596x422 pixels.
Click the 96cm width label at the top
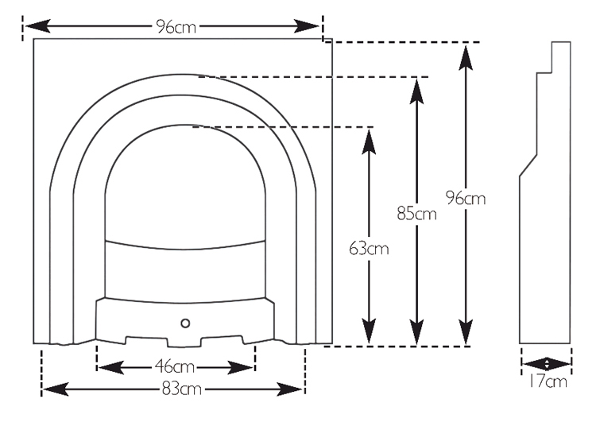click(x=176, y=26)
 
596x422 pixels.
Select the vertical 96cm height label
click(x=466, y=198)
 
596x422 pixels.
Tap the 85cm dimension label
click(x=416, y=213)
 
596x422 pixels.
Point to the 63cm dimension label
click(x=369, y=249)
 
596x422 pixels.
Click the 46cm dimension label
click(x=175, y=367)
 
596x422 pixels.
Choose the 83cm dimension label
click(x=181, y=389)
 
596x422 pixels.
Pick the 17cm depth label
click(x=548, y=381)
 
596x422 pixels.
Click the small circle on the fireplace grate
click(x=185, y=323)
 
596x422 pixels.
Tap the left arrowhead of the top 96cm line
click(x=37, y=26)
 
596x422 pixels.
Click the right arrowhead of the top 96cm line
click(x=307, y=26)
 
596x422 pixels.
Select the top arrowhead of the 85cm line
click(x=417, y=91)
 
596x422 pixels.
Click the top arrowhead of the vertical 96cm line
click(x=466, y=57)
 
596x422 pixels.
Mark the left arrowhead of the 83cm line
click(x=56, y=389)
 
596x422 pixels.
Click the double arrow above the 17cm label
click(x=547, y=364)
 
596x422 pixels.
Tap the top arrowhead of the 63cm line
click(x=369, y=141)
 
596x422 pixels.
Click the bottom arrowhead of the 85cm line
click(x=417, y=332)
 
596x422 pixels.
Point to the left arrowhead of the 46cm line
click(x=110, y=367)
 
